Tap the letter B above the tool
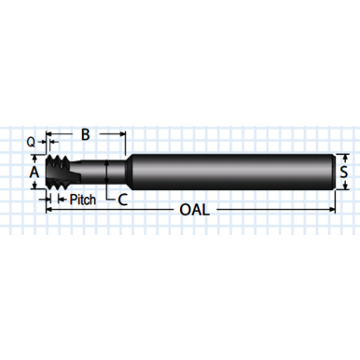[x=85, y=136]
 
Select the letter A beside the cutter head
[x=34, y=173]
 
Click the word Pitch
[x=83, y=199]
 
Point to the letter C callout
[x=122, y=199]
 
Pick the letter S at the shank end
[x=344, y=172]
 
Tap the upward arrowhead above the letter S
[x=344, y=158]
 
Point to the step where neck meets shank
[x=125, y=173]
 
